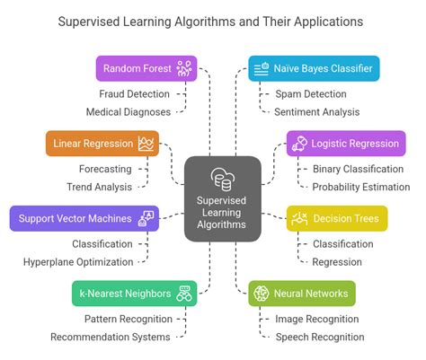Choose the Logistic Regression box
[346, 144]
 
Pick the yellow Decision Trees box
[337, 218]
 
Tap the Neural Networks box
[302, 293]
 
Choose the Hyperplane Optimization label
[78, 262]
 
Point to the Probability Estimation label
[360, 188]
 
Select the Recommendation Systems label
[110, 337]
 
